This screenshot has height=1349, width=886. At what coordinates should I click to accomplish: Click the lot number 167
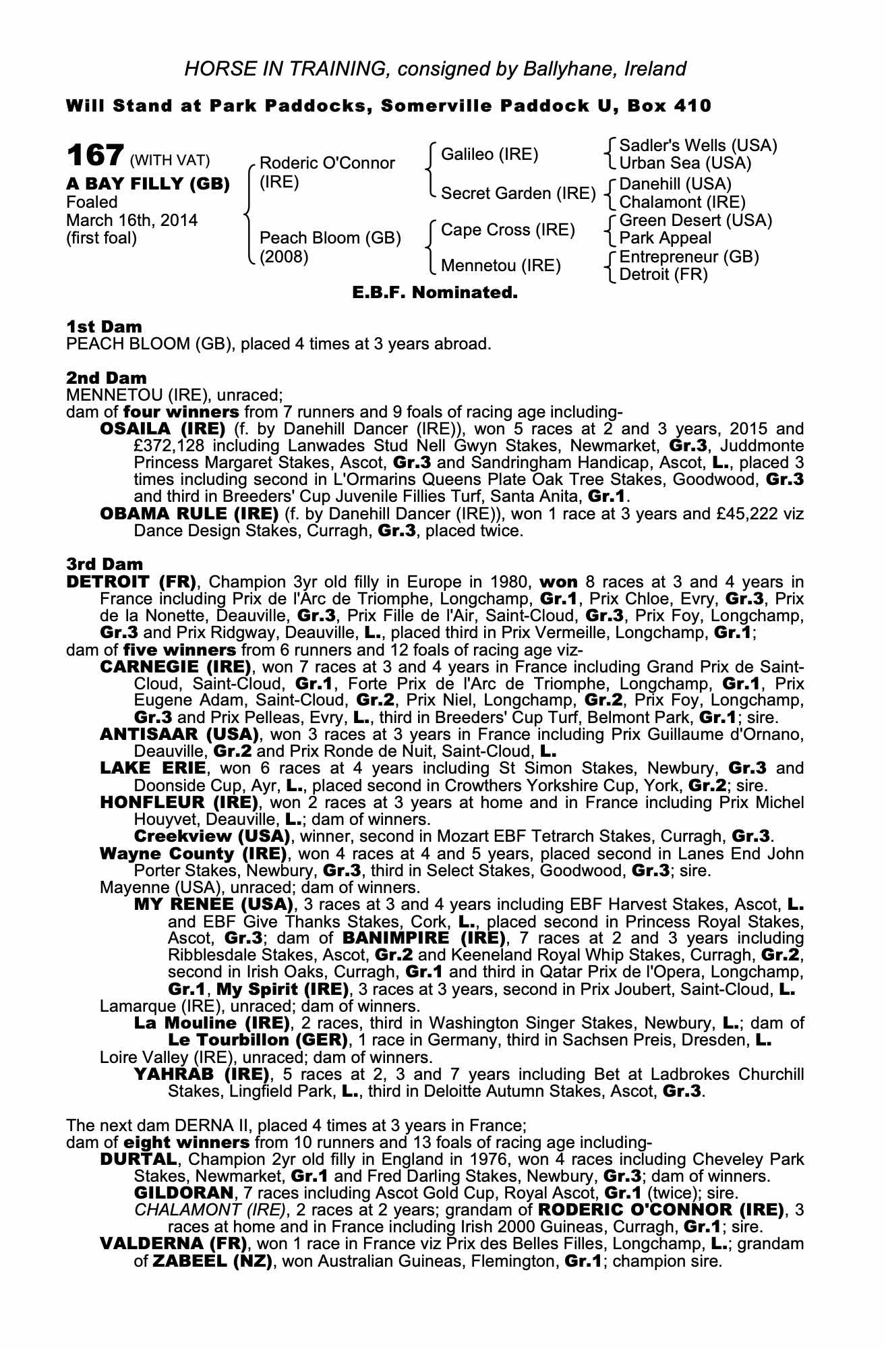(x=94, y=156)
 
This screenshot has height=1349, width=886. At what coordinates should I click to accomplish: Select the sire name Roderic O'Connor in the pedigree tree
(x=327, y=163)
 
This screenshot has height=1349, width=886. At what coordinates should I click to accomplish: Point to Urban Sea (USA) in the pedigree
(x=685, y=163)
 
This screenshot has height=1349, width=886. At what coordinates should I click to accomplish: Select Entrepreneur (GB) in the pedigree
(x=689, y=257)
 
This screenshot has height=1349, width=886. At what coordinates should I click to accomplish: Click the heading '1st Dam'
(x=104, y=326)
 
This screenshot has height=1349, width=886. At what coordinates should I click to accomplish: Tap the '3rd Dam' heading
(x=105, y=564)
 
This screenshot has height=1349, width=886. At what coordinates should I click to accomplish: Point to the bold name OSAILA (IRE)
(x=163, y=429)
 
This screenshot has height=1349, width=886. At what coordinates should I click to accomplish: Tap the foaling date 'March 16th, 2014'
(x=131, y=220)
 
